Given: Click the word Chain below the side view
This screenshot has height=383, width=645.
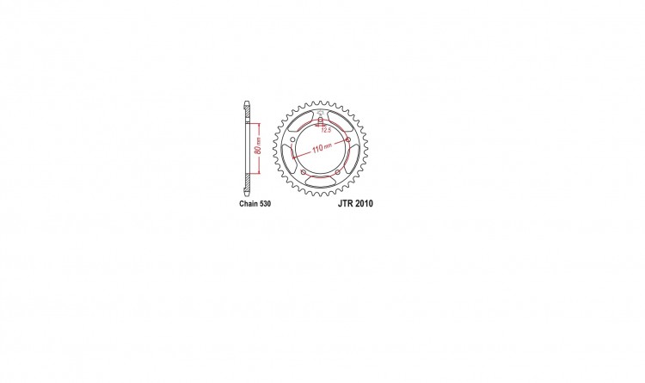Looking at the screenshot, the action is point(248,203).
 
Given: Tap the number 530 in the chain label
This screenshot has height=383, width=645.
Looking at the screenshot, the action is point(265,203).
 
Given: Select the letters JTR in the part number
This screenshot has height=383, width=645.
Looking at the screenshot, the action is point(345,203).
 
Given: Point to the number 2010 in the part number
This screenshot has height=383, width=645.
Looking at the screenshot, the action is point(364,203).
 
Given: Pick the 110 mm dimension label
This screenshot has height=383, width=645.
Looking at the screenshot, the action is point(322,148).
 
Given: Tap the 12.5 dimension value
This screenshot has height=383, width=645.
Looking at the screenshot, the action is point(326,130).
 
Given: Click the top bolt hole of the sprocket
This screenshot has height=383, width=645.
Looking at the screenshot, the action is point(321,120).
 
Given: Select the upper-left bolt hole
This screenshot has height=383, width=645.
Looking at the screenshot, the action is point(292,140).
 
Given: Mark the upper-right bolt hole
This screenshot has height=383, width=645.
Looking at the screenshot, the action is point(348,140).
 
